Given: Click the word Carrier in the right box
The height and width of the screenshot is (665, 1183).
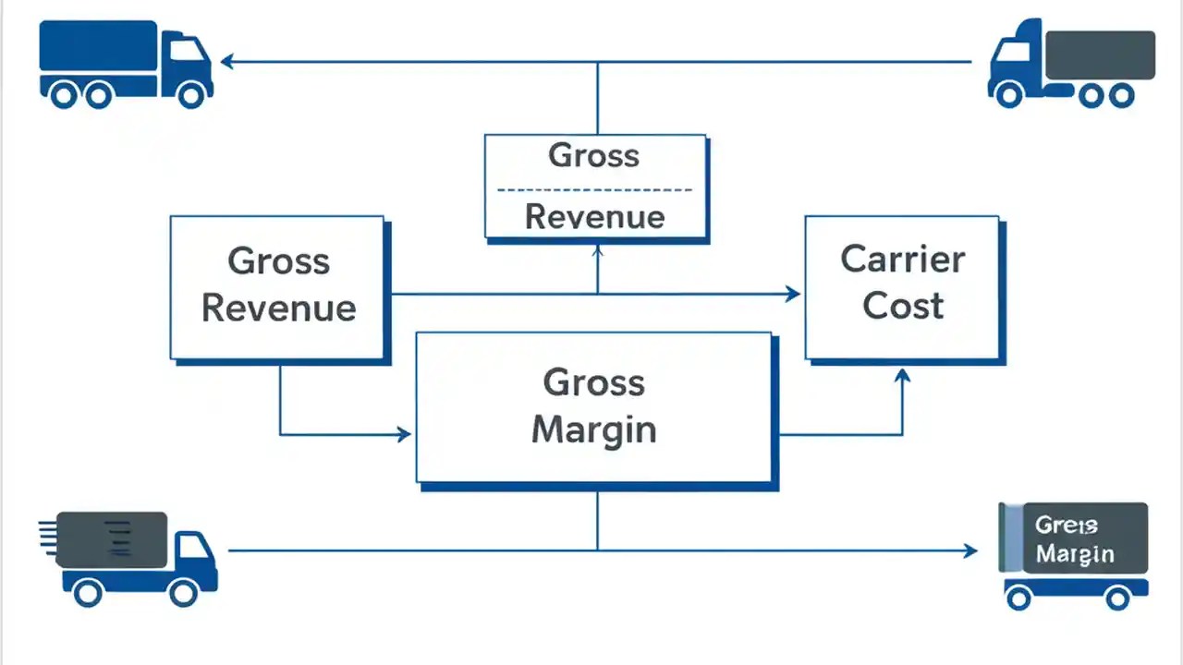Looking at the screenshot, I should (902, 260).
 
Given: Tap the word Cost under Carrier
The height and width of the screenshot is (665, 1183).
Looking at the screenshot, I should (902, 306).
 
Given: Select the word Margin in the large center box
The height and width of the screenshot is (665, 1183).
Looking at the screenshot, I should (593, 429).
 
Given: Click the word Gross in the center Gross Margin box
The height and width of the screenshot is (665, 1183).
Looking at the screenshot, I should (593, 381).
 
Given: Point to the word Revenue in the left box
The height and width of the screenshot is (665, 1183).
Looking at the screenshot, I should (278, 308).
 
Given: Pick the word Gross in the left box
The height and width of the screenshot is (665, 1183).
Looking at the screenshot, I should (278, 261).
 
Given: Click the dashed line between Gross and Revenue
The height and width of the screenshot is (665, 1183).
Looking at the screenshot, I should (593, 189).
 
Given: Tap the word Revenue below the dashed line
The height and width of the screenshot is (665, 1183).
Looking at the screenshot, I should (594, 218).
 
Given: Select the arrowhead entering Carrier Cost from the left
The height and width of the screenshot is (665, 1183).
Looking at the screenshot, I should (792, 294).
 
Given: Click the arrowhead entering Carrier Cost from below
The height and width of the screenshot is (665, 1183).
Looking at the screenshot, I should (903, 375).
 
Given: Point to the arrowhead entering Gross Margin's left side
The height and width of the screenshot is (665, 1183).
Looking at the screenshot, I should (403, 434).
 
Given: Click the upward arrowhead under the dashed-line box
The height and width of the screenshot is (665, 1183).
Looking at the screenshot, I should (597, 250).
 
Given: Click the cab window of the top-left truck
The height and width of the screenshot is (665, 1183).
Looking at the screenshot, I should (185, 50).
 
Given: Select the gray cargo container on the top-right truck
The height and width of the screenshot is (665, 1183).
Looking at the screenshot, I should (1100, 54).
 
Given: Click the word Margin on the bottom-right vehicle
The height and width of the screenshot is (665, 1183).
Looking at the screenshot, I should (1074, 554).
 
